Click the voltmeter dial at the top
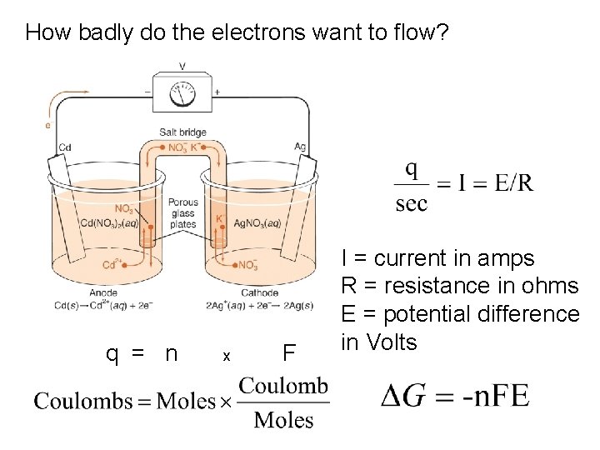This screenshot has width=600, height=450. [x=182, y=95]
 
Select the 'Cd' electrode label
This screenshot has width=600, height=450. [x=65, y=148]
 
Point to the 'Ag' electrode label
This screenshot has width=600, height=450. [x=300, y=146]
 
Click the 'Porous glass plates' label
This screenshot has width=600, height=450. [x=182, y=212]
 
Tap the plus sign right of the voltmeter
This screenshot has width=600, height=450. [x=217, y=92]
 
